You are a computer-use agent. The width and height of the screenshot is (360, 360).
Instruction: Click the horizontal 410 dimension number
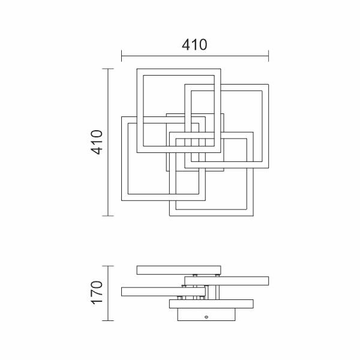coord(194,44)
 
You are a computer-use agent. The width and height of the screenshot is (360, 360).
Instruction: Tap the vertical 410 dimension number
coord(97,142)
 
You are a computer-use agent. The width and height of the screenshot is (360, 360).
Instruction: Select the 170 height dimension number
coord(97,293)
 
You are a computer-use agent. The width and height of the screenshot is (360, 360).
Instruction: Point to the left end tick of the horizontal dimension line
coord(121,56)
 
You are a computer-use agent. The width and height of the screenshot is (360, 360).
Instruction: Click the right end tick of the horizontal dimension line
coord(268,56)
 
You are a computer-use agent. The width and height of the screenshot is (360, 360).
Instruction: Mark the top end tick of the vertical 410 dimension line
coord(108,68)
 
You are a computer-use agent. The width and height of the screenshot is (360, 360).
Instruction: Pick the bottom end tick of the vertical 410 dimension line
coord(108,216)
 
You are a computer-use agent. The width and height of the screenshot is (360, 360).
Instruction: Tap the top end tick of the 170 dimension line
coord(108,266)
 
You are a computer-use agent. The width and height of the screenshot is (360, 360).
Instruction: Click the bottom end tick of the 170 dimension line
coord(108,320)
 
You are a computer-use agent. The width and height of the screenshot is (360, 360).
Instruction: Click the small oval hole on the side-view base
coord(206,317)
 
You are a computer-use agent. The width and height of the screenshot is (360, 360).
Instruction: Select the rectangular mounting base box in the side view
coord(206,314)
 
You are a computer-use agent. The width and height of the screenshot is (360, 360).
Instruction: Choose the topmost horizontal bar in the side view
coord(179,270)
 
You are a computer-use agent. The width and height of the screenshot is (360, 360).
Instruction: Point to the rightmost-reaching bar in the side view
coord(227,281)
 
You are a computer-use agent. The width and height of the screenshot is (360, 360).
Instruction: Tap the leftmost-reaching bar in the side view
coord(163,292)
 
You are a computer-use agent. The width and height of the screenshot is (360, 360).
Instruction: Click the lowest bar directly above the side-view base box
coord(211,304)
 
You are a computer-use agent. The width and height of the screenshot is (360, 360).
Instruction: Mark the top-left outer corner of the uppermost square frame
coord(137,68)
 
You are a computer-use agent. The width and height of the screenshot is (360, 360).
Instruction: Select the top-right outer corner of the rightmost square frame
coord(268,84)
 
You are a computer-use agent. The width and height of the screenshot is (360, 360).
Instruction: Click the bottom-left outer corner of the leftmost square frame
coord(122,200)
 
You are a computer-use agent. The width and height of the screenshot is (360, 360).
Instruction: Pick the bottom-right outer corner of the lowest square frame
coord(253,216)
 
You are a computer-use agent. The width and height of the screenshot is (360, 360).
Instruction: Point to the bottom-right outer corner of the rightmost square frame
coord(268,168)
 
